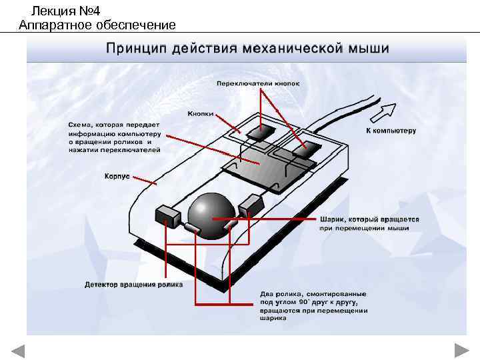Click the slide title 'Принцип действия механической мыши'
coord(247,49)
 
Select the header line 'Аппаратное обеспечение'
coord(97,25)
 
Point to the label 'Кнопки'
coord(201,113)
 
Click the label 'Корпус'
coord(116,177)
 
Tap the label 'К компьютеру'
coord(391,131)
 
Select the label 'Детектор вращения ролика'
coord(133,285)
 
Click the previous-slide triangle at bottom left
coord(18,351)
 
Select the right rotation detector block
coord(251,203)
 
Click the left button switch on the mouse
coord(259,132)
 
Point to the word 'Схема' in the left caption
coord(82,125)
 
